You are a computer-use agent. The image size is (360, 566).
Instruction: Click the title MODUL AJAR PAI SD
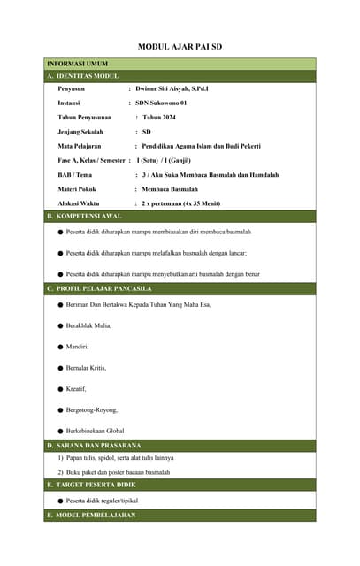point(180,46)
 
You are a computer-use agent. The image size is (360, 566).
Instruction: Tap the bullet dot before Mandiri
point(60,347)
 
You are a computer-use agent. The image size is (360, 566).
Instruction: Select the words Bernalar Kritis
point(91,368)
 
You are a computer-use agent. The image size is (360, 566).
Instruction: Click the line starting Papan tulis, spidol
point(115,457)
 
